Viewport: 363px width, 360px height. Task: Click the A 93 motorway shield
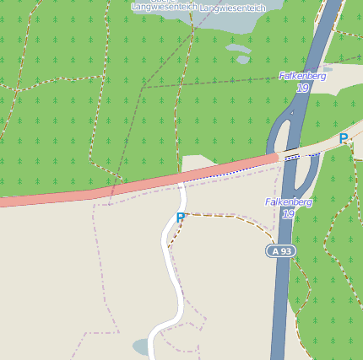[x=281, y=250]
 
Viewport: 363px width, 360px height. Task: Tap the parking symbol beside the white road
[x=180, y=218]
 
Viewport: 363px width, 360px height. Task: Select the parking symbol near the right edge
[x=343, y=138]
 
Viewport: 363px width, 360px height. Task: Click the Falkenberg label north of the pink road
[x=302, y=76]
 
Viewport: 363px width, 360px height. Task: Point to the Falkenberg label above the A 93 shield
[x=289, y=202]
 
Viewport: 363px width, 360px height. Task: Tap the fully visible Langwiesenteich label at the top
[x=232, y=8]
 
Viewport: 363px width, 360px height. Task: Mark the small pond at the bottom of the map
[x=142, y=347]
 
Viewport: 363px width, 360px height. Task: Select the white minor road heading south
[x=174, y=278]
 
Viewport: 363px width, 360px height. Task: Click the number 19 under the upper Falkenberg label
[x=301, y=88]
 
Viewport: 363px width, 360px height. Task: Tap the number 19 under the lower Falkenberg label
[x=288, y=214]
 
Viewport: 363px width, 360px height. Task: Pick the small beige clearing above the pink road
[x=198, y=163]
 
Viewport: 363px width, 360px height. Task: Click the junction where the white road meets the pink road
[x=181, y=180]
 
